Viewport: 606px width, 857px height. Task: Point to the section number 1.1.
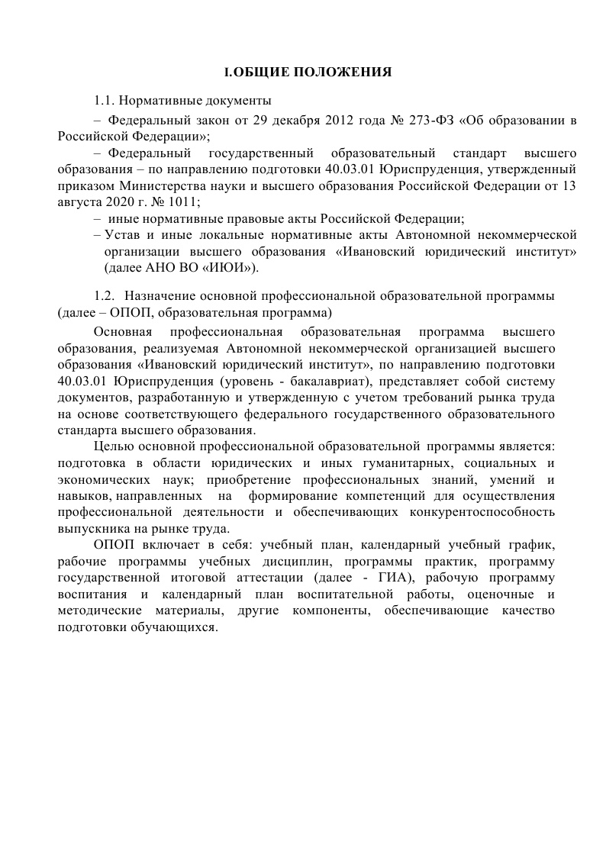pos(105,100)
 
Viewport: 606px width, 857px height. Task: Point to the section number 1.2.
pos(105,295)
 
